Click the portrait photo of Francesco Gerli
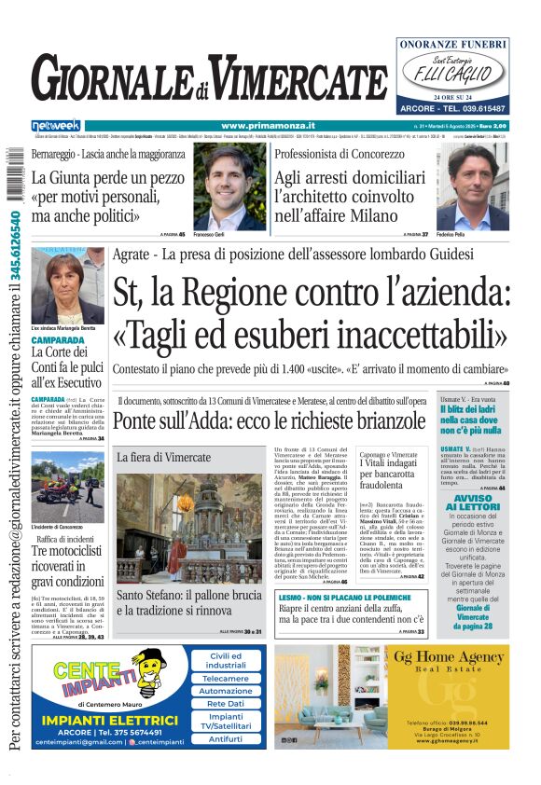click(229, 186)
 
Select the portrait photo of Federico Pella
click(473, 186)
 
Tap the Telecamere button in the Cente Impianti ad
click(227, 679)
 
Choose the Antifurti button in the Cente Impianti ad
click(227, 738)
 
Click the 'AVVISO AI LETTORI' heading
click(475, 503)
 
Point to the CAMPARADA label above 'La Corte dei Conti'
click(58, 341)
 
